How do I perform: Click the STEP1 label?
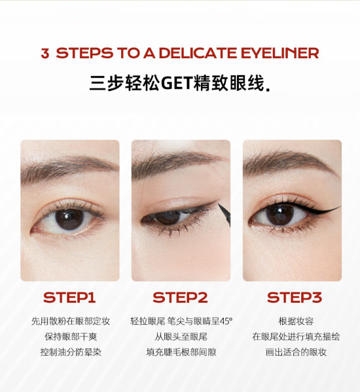click(69, 297)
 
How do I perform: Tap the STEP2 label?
click(180, 297)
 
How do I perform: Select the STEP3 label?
click(294, 297)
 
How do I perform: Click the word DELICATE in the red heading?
click(198, 53)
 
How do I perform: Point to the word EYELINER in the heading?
click(280, 53)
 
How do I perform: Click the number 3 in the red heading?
click(45, 53)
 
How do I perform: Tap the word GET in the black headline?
click(176, 83)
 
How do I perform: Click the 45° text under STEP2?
click(226, 321)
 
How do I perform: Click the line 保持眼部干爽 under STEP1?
click(71, 337)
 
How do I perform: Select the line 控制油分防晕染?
click(71, 352)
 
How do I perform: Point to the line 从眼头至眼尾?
click(181, 337)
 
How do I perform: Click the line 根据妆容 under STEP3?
click(296, 321)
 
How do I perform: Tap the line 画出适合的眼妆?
click(296, 352)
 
